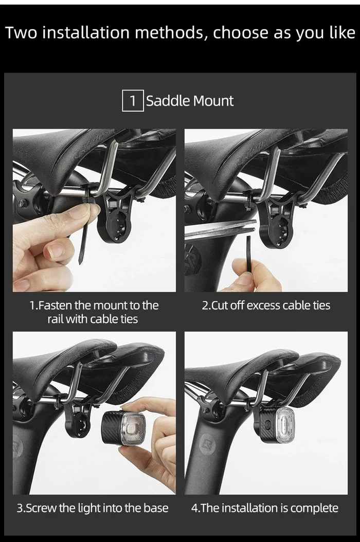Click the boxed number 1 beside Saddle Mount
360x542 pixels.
pos(133,101)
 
